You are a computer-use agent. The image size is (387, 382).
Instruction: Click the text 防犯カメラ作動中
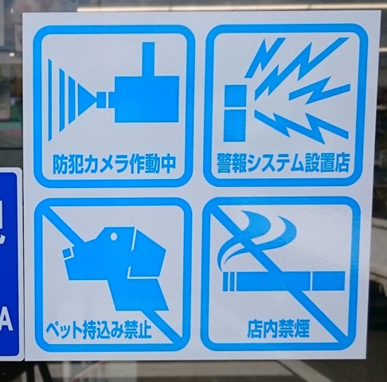point(114,165)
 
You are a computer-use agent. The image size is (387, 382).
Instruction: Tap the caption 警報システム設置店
point(283,162)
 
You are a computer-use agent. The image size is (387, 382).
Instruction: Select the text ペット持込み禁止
point(99,329)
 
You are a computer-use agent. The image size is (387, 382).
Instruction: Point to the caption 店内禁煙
point(278,329)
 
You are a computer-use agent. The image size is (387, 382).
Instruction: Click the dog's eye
point(114,236)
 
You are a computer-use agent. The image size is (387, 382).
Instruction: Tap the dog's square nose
point(68,254)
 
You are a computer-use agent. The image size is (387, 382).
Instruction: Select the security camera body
point(147,99)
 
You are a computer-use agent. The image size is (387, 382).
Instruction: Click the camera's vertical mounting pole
point(148,59)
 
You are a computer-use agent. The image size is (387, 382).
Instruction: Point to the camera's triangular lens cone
point(87,99)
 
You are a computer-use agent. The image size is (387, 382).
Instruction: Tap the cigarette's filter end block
point(328,281)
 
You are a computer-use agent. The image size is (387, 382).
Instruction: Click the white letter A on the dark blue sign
point(6,321)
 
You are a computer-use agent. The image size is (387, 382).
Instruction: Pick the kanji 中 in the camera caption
point(167,165)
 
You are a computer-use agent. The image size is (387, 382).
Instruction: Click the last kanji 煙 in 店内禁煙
point(301,329)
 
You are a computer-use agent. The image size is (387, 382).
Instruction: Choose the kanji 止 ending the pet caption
point(143,329)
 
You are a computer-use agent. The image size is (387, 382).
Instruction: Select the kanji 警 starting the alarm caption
point(225,162)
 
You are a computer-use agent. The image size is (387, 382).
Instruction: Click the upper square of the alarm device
point(235,96)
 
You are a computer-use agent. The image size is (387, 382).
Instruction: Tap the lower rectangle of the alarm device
point(234,126)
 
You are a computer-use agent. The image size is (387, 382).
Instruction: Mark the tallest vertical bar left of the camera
point(50,99)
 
